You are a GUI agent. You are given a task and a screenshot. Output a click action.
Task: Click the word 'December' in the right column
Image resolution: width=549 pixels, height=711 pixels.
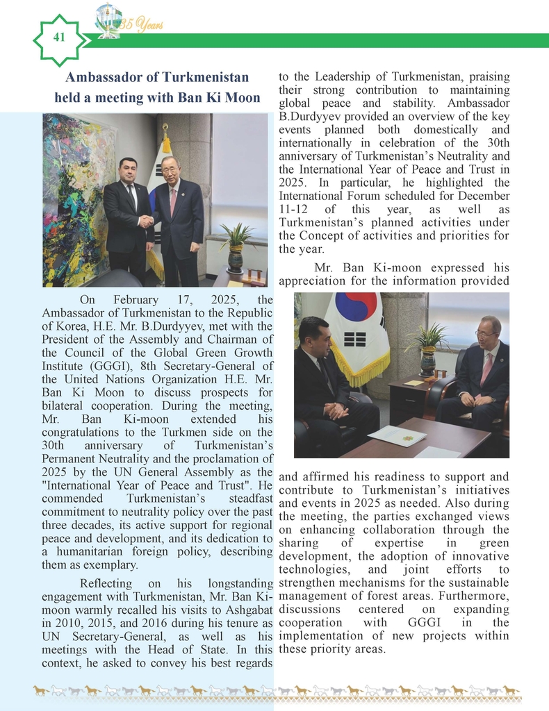(x=480, y=196)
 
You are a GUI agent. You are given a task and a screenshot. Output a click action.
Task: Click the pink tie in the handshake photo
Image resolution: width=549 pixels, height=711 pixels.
(x=173, y=201)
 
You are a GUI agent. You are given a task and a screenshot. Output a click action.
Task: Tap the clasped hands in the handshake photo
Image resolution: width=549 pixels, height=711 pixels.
(x=146, y=221)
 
